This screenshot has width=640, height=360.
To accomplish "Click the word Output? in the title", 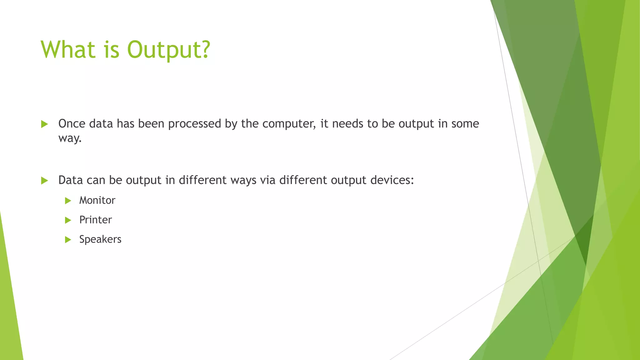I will [x=169, y=50].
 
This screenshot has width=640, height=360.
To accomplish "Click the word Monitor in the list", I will [x=97, y=200].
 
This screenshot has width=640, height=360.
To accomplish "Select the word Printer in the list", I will [x=95, y=220].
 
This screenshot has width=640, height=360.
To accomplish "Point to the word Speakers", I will [x=100, y=239].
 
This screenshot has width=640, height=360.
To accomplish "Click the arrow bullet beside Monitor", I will [x=68, y=201].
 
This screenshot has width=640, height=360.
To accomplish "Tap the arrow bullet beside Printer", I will [x=68, y=220].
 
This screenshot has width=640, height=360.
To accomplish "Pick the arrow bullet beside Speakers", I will [x=68, y=240].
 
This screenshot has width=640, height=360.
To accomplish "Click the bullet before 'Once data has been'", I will [x=44, y=124].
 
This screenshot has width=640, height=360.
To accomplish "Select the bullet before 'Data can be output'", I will [x=44, y=181].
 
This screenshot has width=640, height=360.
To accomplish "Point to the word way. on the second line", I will [x=70, y=138].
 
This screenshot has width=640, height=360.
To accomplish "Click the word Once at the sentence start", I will [x=72, y=124].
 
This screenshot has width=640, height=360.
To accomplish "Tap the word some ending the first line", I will [x=465, y=124].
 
